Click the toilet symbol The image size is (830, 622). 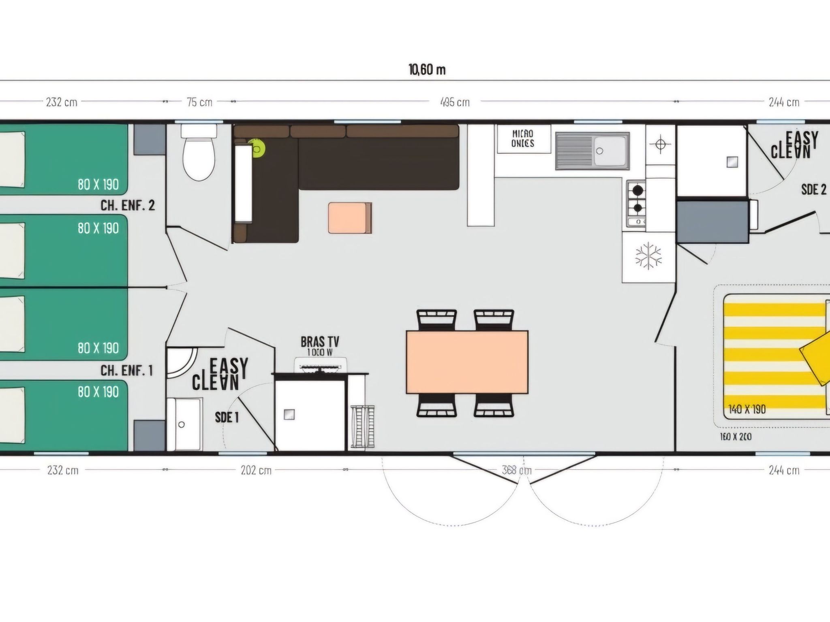(x=198, y=153)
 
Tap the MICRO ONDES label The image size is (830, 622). (x=523, y=138)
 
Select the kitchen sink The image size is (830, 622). (x=592, y=150)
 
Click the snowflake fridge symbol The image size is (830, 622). (x=648, y=256)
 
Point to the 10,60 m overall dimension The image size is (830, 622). (x=427, y=70)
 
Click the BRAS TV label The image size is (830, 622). (x=320, y=342)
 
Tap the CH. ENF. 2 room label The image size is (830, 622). (x=128, y=205)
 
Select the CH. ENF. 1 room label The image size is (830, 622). (x=126, y=371)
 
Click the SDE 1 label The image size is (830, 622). (x=227, y=417)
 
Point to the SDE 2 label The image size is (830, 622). (x=814, y=190)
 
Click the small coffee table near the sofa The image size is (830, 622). (x=350, y=218)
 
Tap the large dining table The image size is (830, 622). (x=467, y=362)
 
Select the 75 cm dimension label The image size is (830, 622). (x=199, y=102)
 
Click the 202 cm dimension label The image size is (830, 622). (x=255, y=470)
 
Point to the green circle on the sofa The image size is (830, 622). (x=257, y=148)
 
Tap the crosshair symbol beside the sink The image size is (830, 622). (x=660, y=145)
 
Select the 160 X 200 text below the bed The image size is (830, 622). (x=736, y=437)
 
